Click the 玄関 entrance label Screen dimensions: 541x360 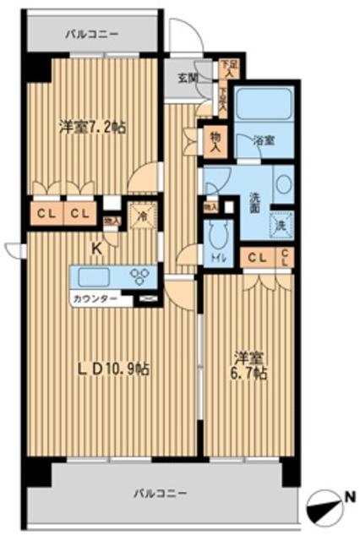coord(186,79)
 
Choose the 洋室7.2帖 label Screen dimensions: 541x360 coord(92,128)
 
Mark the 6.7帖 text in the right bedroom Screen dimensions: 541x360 coord(248,372)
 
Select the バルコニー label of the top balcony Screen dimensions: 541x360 coord(92,35)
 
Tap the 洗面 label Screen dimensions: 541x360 coord(254,203)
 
